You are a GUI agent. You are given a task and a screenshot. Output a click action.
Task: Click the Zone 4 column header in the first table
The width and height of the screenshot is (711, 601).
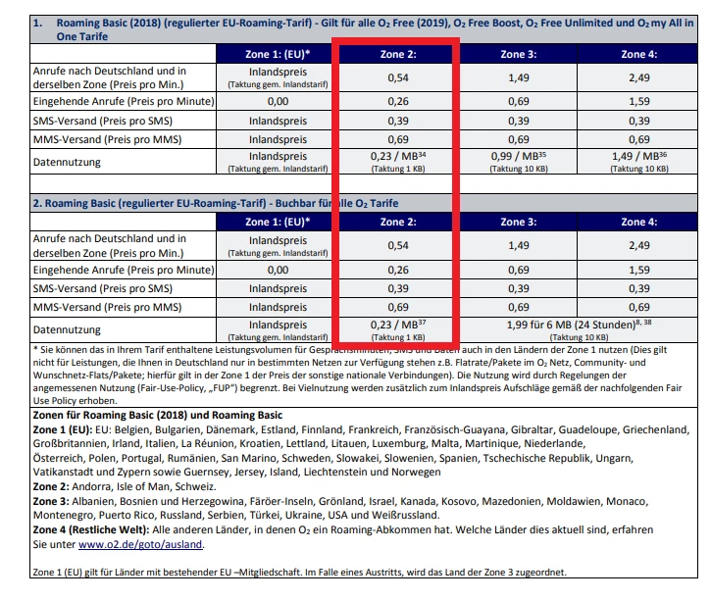coord(638,55)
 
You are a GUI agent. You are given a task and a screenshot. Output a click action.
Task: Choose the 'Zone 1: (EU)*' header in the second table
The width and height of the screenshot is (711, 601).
coord(278,222)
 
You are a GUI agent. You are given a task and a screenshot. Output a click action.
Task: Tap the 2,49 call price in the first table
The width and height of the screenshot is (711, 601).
coord(638,75)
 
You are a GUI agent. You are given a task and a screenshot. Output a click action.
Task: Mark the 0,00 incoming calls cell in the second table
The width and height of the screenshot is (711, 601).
coord(278,269)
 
